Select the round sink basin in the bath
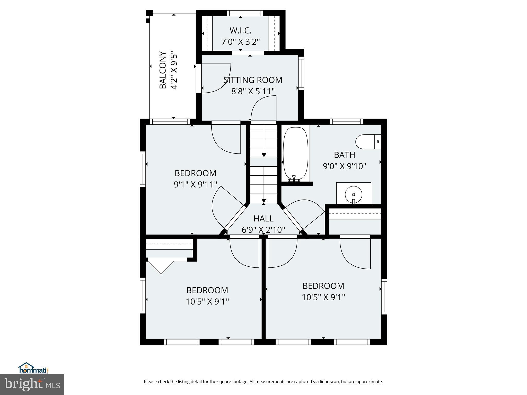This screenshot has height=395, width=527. point(354,194)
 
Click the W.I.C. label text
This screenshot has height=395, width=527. point(240,31)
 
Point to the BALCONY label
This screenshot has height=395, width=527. point(163,70)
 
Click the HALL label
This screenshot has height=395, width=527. point(263,219)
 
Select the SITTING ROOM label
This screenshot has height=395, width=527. point(253,80)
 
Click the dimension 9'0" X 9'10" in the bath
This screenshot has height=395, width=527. point(344,166)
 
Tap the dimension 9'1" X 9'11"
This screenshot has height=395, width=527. point(195,184)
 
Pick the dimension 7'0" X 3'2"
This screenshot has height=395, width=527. point(240,42)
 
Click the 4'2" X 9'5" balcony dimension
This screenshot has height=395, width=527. point(174,71)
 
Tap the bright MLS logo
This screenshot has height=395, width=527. point(32,384)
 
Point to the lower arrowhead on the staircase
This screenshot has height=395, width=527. point(264,201)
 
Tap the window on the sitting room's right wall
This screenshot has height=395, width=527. point(301,73)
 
